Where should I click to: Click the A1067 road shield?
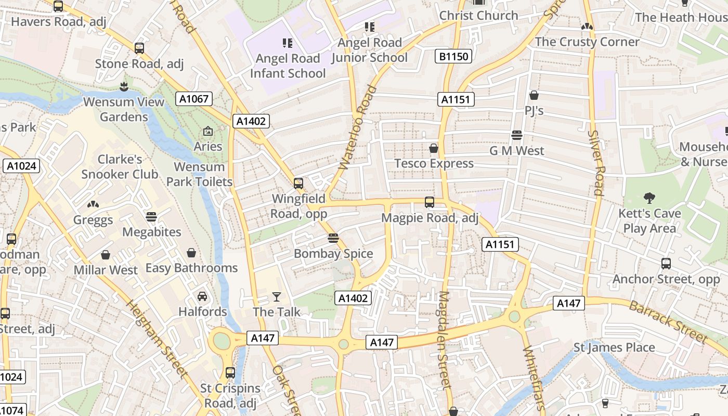tap(194, 98)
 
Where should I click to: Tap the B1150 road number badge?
tap(453, 56)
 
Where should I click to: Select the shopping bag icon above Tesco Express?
tap(434, 149)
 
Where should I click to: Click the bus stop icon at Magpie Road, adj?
tap(430, 202)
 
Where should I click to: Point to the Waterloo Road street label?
tap(357, 127)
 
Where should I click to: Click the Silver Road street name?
tap(596, 162)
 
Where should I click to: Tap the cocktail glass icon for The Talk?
tap(276, 297)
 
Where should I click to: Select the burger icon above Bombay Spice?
tap(333, 238)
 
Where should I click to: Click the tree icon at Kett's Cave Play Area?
tap(649, 198)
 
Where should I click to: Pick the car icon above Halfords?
tap(202, 296)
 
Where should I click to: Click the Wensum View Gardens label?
tap(124, 109)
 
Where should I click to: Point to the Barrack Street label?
tap(668, 321)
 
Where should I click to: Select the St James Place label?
tap(614, 347)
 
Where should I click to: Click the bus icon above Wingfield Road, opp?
tap(298, 183)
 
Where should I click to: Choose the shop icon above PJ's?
tap(534, 95)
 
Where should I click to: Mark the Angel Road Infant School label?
tap(288, 66)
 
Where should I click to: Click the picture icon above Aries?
tap(208, 131)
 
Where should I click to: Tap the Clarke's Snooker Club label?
tap(120, 166)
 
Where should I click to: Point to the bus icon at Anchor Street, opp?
tap(666, 264)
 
